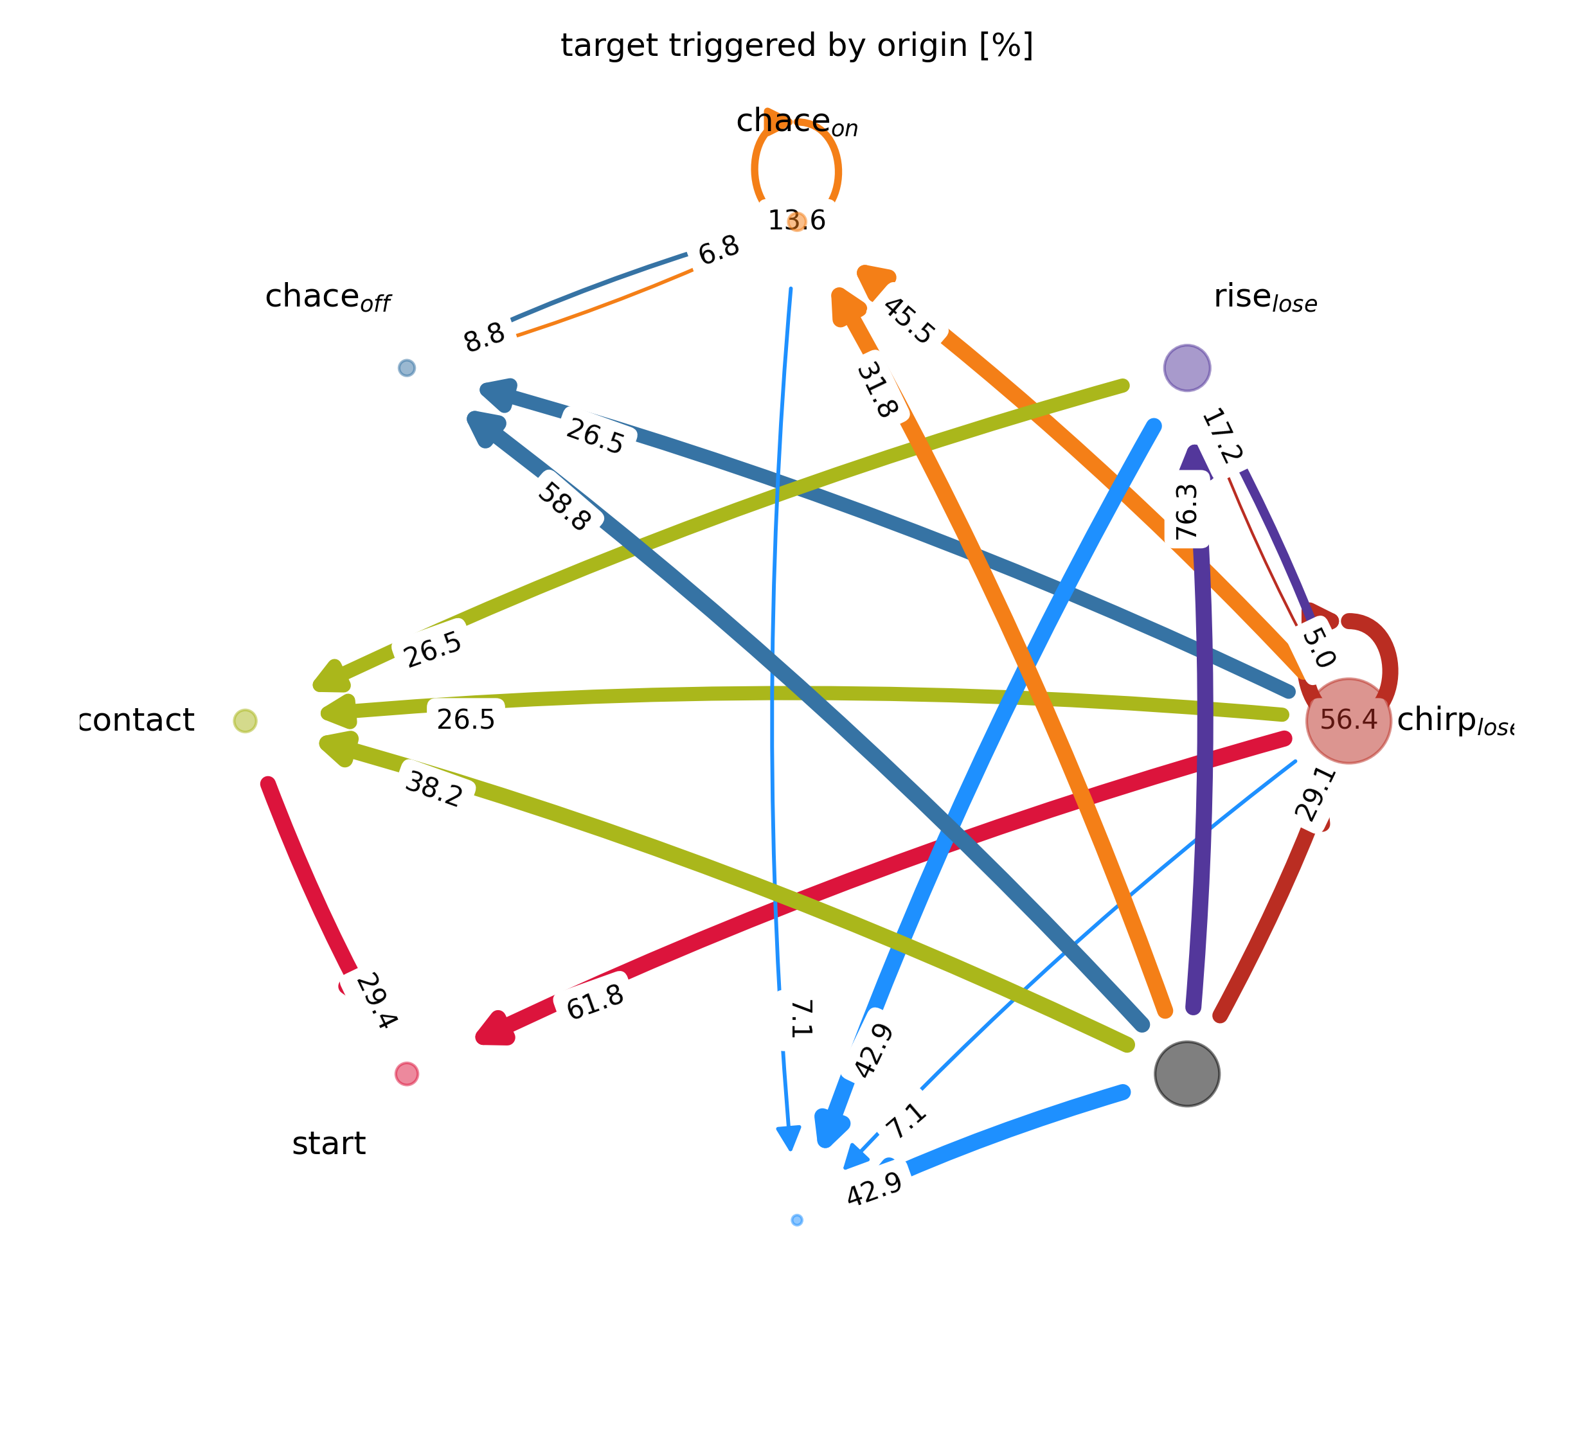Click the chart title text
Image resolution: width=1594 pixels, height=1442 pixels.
(x=796, y=46)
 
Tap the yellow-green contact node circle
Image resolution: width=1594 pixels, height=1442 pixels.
(x=245, y=720)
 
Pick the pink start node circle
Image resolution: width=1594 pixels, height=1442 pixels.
(x=406, y=1074)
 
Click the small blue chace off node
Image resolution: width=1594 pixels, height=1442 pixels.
(x=406, y=368)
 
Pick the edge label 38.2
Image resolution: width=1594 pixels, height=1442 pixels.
(x=433, y=788)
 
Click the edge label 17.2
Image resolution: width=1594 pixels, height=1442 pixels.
(x=1222, y=436)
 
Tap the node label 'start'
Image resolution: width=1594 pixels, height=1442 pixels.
(x=329, y=1143)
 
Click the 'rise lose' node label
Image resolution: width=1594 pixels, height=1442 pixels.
(x=1265, y=298)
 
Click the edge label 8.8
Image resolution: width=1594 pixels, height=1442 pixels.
(x=484, y=337)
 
